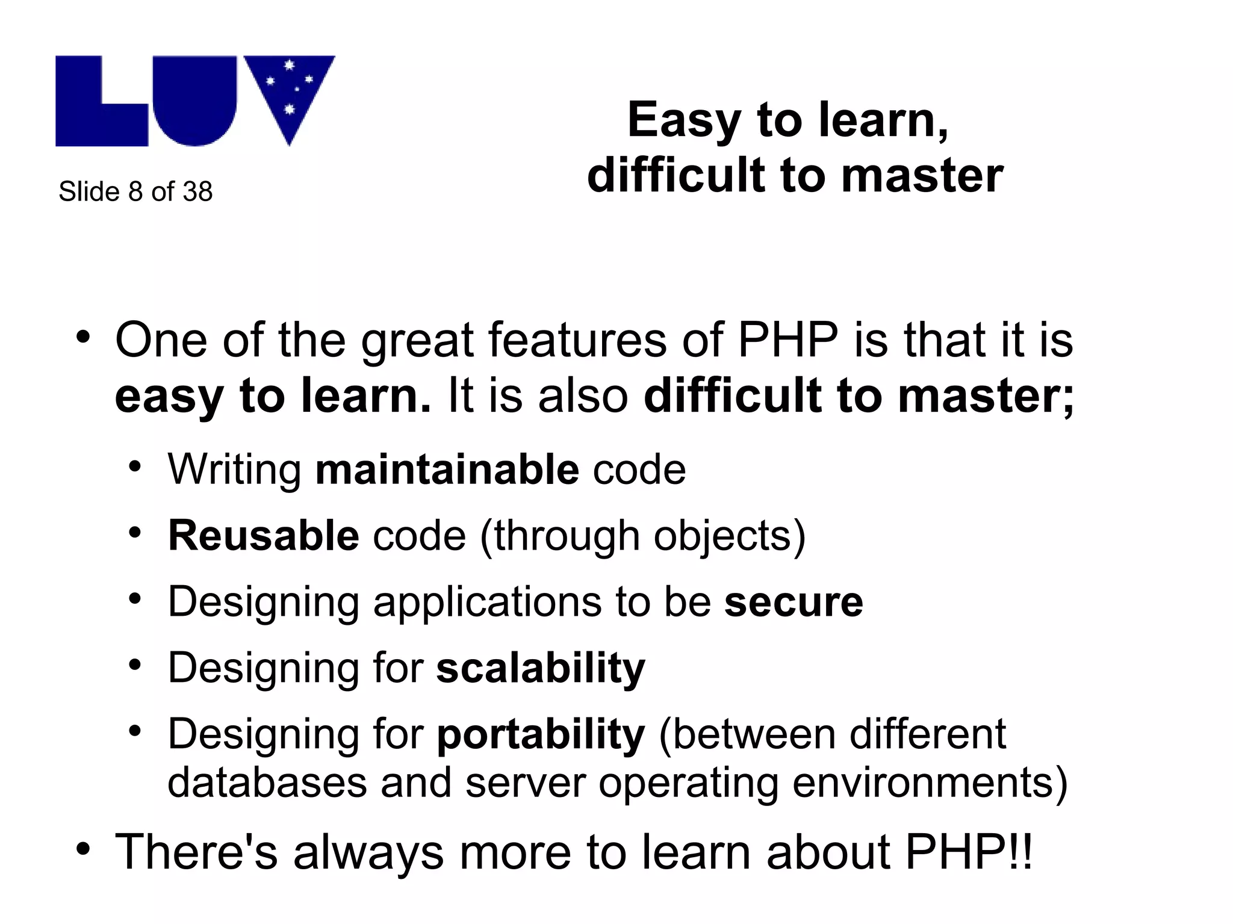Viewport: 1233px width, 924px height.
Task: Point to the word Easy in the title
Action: tap(685, 120)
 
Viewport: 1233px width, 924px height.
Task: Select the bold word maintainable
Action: tap(447, 470)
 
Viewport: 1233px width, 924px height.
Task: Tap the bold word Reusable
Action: tap(264, 535)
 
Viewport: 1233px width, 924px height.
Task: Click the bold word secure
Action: tap(794, 601)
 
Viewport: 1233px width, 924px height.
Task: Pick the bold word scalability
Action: tap(540, 668)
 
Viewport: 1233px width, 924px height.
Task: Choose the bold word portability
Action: tap(540, 734)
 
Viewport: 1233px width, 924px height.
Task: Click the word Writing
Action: tap(235, 470)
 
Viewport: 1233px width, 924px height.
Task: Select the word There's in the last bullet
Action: tap(196, 851)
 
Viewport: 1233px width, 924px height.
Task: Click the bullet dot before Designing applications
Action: tap(135, 598)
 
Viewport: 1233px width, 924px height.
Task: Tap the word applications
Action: tap(486, 601)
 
